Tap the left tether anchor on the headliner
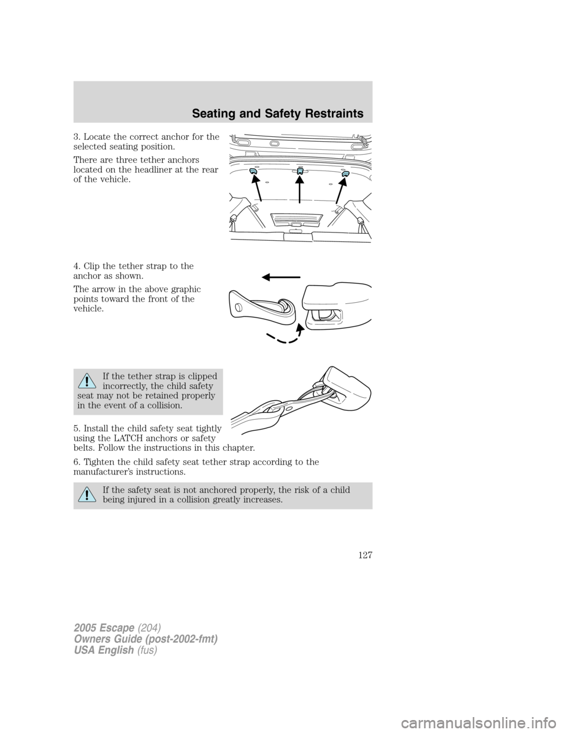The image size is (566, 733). (253, 172)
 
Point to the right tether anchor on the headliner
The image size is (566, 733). (345, 174)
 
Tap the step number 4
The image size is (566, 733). (76, 266)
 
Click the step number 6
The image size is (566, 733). (76, 462)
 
